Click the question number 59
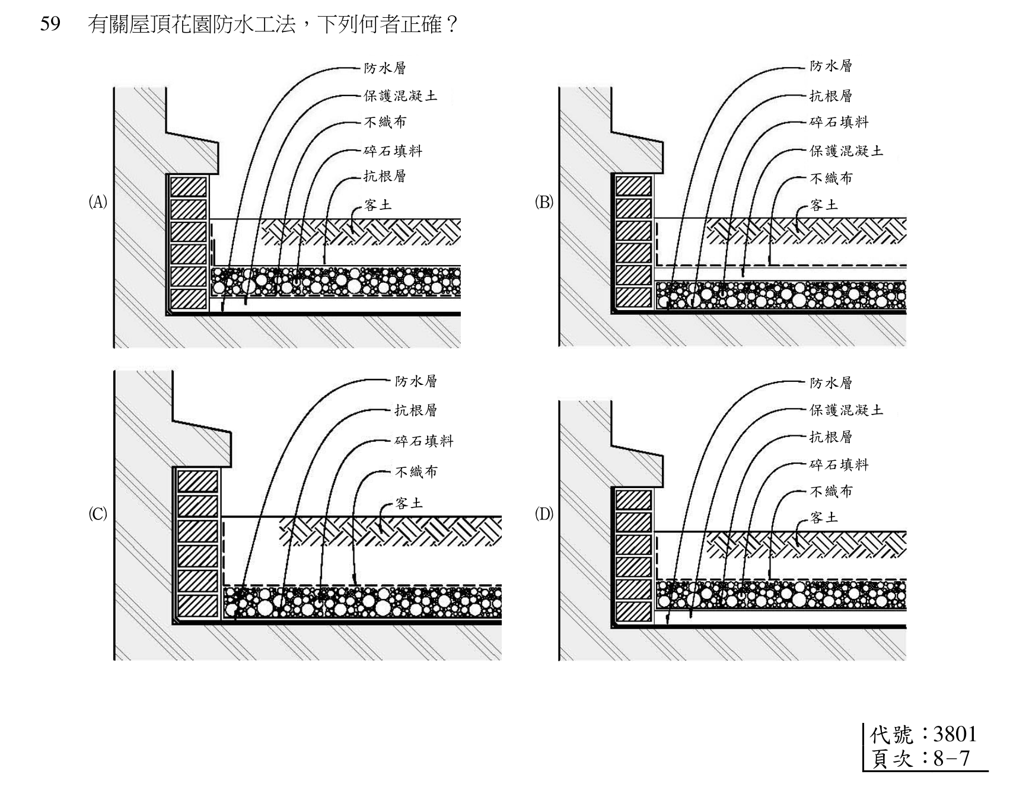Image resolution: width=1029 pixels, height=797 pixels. coord(50,24)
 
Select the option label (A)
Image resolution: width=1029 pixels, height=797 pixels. coord(98,202)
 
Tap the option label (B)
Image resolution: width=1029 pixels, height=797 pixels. coord(544,202)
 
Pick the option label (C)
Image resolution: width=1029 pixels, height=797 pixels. coord(98,514)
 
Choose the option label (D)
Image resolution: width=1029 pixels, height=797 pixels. coord(544,514)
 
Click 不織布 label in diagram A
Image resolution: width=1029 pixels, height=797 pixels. coord(385,122)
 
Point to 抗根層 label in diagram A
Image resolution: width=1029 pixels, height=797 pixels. coord(385,176)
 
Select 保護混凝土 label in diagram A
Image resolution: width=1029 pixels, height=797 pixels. coord(400,95)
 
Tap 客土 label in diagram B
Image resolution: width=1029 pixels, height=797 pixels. coord(824,205)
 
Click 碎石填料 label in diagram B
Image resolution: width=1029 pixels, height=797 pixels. coord(839,122)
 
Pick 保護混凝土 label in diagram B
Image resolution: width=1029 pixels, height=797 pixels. coord(846,151)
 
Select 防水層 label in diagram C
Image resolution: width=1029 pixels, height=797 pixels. coord(416,381)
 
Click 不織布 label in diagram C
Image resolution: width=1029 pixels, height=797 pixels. coord(416,472)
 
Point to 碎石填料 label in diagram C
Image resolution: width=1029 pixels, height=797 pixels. coord(424,441)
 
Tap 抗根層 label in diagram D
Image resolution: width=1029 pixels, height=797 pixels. coord(831,437)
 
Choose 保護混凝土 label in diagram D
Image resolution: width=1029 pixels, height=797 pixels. coord(846,410)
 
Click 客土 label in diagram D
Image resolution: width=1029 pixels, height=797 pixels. coord(824,518)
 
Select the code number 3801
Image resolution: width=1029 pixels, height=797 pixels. coord(955,734)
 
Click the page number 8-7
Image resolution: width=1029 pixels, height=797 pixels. coord(952,758)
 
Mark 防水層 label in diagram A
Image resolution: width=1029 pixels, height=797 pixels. coord(385,68)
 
